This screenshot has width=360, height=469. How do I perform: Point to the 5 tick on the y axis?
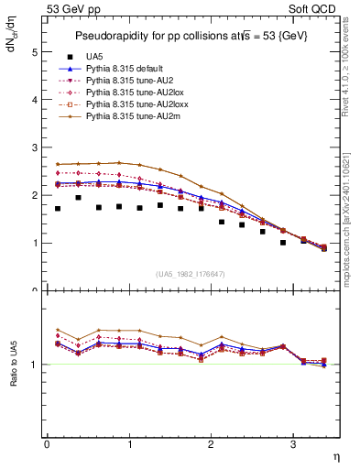(x=35, y=52)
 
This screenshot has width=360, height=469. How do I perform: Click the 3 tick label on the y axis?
(x=35, y=147)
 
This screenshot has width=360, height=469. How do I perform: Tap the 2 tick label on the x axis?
(x=211, y=444)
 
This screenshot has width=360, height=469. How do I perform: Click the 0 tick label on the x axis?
(x=47, y=444)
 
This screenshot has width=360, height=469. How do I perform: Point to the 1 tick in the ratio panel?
(x=35, y=365)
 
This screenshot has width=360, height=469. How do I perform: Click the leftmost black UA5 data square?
(x=58, y=209)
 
